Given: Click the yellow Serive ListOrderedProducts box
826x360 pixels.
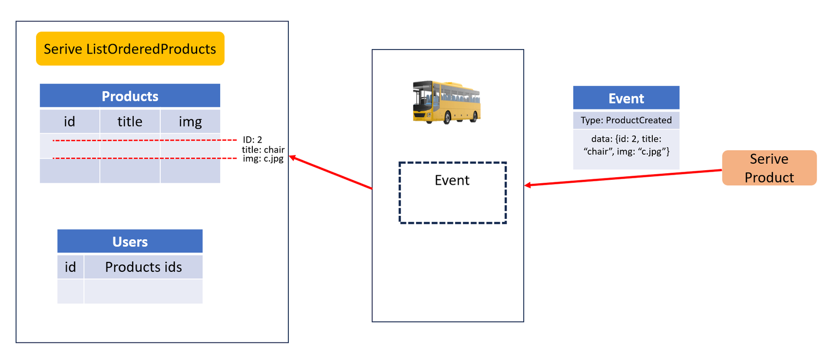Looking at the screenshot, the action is [130, 49].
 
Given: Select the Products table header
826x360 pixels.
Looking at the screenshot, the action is [130, 96].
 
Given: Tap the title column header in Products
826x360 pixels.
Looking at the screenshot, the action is [130, 121].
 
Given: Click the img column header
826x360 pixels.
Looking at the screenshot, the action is [190, 121].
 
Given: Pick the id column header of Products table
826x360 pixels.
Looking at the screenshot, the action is [70, 121].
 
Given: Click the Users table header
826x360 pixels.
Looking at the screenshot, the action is [130, 241].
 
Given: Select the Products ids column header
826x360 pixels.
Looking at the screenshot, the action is [144, 267].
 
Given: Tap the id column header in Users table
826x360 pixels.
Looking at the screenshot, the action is [71, 267].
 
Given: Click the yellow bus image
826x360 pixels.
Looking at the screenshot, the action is [446, 102].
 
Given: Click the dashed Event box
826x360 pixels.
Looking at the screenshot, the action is [453, 193].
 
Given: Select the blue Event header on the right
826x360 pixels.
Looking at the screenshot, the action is [626, 98].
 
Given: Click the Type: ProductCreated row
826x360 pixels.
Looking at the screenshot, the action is [626, 120].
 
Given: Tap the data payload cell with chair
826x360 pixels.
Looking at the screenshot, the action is [626, 149].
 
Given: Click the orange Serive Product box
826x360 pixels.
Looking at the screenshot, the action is [769, 168].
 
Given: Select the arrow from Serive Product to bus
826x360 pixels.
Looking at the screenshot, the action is [623, 177].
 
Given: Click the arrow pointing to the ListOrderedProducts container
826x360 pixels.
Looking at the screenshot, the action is [330, 173].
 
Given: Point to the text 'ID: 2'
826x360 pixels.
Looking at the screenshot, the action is [252, 140].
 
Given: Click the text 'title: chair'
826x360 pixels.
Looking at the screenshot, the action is [263, 150].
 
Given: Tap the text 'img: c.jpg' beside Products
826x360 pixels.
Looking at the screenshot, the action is [263, 159].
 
